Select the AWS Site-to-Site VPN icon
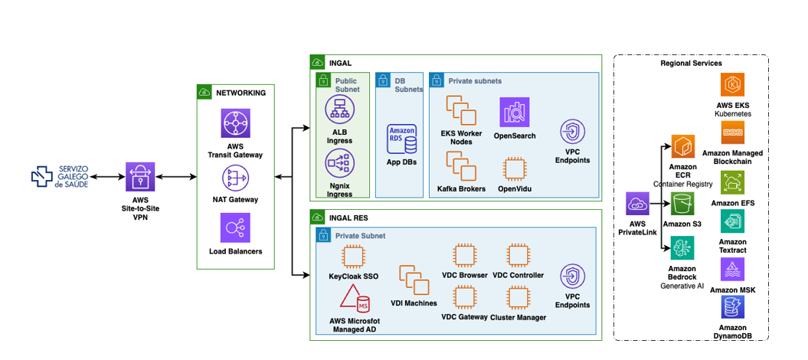pos(140,177)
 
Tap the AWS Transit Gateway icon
pos(235,123)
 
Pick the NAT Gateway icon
pos(235,178)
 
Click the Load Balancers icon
pos(235,227)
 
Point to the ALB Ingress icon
pos(339,110)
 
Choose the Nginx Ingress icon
pos(339,163)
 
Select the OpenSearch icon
pos(515,113)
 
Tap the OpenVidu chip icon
pos(515,169)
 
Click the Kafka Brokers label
pos(461,188)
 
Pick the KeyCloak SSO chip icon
pos(353,257)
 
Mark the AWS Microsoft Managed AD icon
pos(354,299)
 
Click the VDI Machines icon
pos(414,281)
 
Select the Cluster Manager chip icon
pos(517,298)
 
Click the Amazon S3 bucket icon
pos(682,205)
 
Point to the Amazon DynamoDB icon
pos(733,307)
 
